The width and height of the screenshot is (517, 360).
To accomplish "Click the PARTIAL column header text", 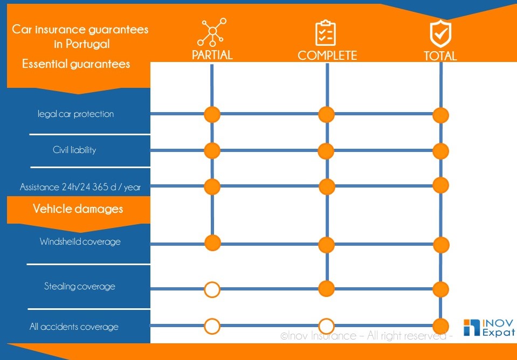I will tap(212, 55).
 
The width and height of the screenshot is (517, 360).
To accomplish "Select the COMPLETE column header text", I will tap(327, 56).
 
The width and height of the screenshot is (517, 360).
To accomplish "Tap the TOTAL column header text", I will tap(440, 56).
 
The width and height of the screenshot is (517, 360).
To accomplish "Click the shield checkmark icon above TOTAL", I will tap(440, 33).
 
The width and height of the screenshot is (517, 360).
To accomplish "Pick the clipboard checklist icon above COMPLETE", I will tap(325, 33).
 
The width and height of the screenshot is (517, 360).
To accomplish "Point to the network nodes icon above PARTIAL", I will tap(212, 32).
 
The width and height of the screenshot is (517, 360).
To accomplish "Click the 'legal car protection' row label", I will tap(76, 114).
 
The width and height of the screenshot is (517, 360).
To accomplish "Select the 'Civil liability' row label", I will tap(74, 150).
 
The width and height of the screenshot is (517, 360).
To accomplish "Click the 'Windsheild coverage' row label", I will tap(80, 241).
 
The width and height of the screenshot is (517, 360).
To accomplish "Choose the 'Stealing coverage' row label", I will tap(80, 286).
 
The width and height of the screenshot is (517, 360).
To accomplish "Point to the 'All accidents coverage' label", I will tap(74, 327).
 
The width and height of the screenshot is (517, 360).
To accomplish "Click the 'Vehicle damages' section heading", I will tap(78, 209).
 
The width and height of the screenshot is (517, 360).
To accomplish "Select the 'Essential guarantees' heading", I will tap(76, 64).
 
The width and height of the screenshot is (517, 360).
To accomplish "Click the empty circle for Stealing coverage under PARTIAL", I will tap(212, 290).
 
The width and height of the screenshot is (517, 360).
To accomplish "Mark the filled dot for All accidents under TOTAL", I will tap(440, 326).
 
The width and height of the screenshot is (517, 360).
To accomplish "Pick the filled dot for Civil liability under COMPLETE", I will tap(326, 151).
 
